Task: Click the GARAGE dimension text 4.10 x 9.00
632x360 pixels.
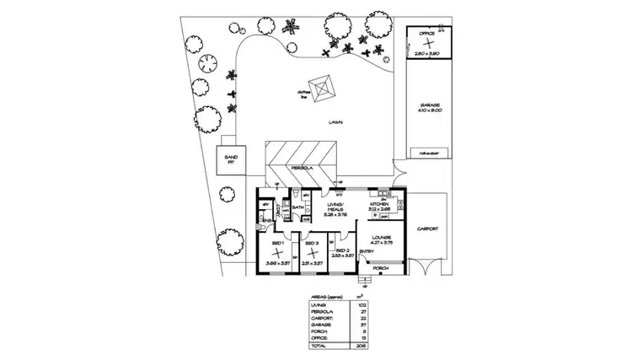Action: (x=429, y=110)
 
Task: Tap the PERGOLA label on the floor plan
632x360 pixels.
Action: (x=301, y=168)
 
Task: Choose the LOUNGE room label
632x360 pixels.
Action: (x=382, y=237)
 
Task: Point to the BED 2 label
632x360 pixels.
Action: (x=343, y=250)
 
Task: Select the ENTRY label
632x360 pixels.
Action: (x=367, y=250)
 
